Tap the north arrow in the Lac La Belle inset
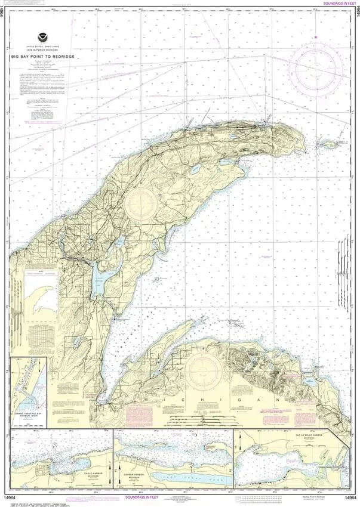point(239,444)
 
